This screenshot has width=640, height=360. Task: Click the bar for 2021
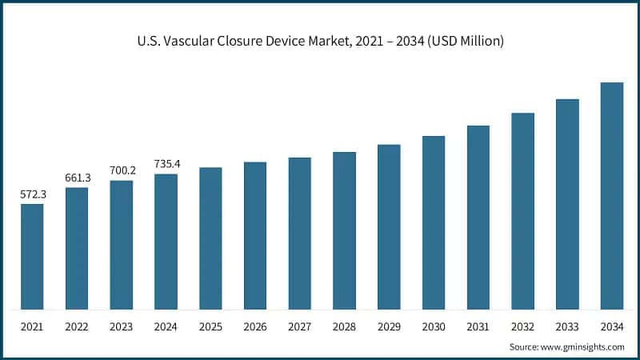coord(32,256)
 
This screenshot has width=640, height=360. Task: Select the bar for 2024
coord(166,241)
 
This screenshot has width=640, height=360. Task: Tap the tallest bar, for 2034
coord(612,195)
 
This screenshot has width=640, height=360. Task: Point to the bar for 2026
coord(255,235)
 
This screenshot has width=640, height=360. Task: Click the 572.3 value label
coord(32,194)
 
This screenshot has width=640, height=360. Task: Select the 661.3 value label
coord(77,178)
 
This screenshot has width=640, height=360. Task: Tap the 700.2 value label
coord(122,170)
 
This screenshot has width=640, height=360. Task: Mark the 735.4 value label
coord(166,164)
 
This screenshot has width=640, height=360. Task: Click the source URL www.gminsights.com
coord(583,347)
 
